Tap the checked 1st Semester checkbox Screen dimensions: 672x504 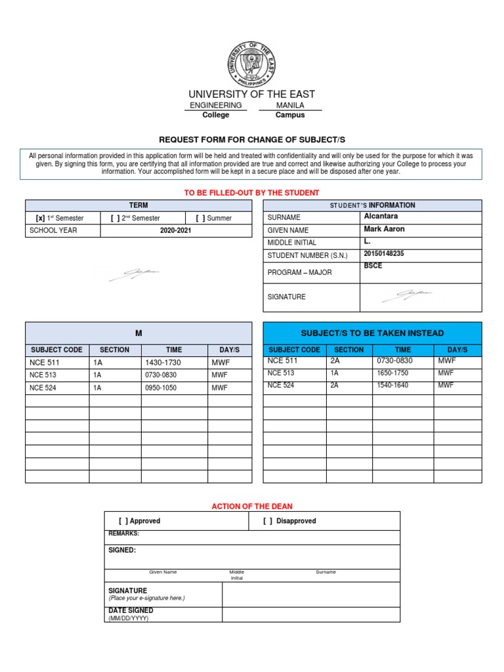(39, 218)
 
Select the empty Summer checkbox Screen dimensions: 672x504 (200, 218)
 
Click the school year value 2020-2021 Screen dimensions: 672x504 (175, 231)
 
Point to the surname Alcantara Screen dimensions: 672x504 (381, 217)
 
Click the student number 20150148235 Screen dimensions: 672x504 (384, 254)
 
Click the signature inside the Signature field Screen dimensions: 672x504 (407, 296)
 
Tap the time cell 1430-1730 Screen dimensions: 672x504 (162, 362)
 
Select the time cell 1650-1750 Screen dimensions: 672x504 (392, 373)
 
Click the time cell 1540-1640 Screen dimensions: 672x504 (392, 385)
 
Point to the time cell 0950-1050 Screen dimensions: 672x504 (162, 388)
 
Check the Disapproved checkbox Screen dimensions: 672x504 (268, 521)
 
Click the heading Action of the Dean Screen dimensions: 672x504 (252, 506)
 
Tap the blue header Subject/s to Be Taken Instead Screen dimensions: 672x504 (372, 333)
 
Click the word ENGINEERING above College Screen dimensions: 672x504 (215, 105)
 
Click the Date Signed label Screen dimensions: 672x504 (131, 610)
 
